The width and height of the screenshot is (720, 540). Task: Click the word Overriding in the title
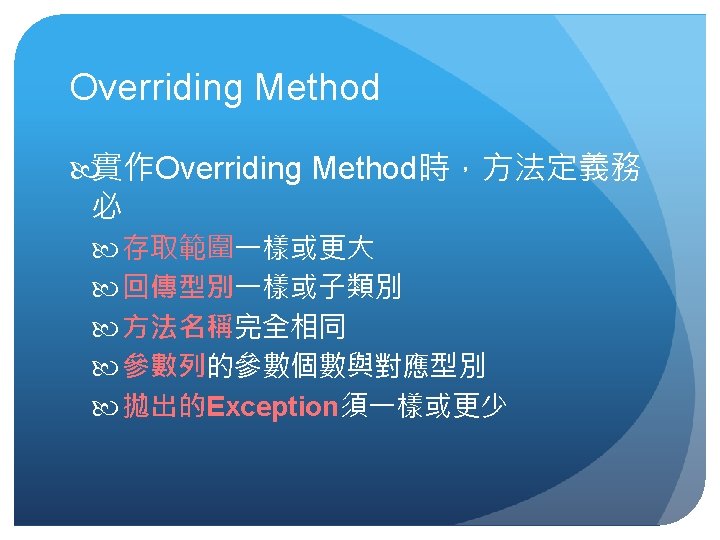156,88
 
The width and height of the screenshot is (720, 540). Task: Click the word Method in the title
317,87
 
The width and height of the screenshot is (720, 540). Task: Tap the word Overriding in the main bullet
228,169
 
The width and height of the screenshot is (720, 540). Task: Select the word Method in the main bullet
364,168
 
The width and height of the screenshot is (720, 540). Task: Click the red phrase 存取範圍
178,248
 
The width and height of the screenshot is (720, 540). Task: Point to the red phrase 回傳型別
178,287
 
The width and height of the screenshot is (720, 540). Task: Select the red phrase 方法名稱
178,326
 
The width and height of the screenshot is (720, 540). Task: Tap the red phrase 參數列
164,366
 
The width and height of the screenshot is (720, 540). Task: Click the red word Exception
272,407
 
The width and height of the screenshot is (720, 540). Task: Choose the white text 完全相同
290,326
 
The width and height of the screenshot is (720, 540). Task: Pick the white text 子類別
360,287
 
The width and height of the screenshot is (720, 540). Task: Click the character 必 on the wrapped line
107,206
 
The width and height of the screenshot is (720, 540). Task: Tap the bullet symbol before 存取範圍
105,250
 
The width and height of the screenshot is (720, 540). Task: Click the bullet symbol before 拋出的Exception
105,408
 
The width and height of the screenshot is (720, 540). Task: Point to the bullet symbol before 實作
82,170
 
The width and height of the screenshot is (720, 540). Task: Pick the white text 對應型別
430,366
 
